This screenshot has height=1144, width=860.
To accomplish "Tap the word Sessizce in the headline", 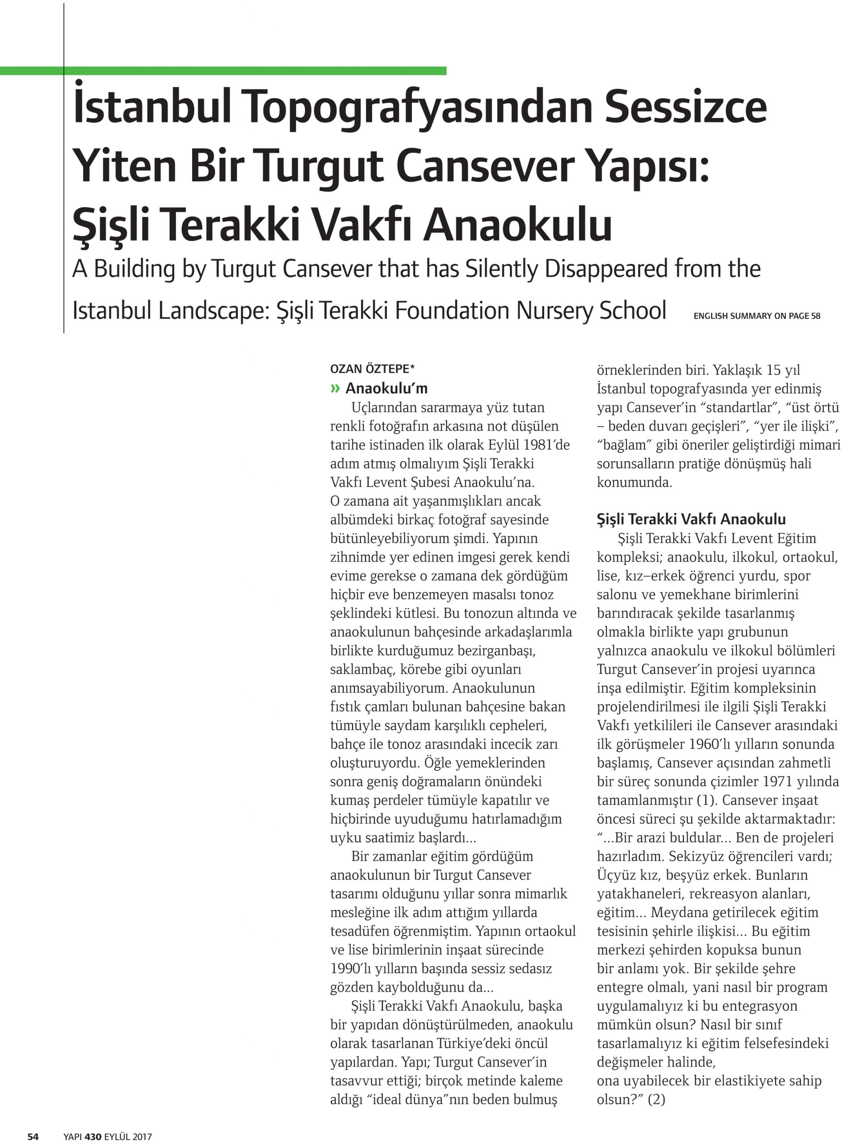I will (685, 108).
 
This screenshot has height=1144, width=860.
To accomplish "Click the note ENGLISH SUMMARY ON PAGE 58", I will (756, 316).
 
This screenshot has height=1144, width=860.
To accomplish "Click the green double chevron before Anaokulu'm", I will (336, 388).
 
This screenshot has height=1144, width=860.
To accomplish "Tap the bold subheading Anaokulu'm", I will (386, 388).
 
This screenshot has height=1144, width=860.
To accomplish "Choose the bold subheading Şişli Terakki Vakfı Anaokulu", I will (691, 519).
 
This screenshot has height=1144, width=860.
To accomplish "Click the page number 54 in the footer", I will (33, 1136).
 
